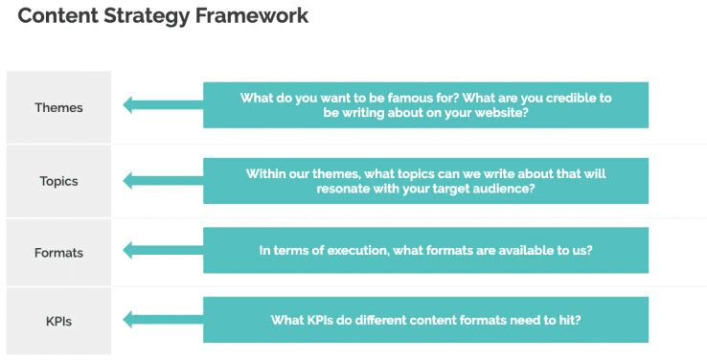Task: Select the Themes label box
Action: [x=58, y=107]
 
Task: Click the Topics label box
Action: [x=58, y=180]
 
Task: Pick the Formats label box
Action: [x=58, y=253]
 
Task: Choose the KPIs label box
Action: [x=58, y=321]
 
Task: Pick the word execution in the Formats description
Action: [x=346, y=250]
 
